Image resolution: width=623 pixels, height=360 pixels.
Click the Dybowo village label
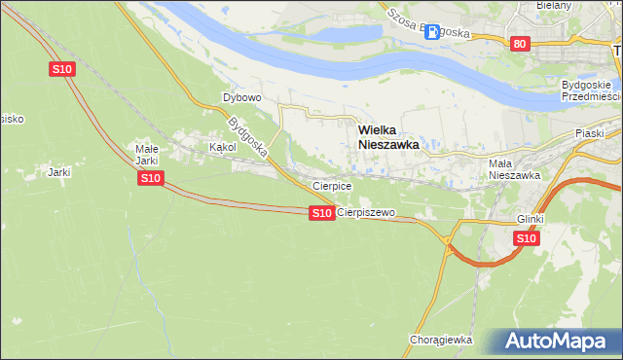[x=242, y=98]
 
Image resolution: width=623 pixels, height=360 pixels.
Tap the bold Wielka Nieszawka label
[x=388, y=135]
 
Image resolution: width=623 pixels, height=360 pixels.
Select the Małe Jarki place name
[x=146, y=155]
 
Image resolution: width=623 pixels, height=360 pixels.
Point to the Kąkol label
[x=223, y=148]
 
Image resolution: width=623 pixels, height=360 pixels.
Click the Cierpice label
[x=331, y=185]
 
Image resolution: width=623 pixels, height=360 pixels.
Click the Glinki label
[x=531, y=219]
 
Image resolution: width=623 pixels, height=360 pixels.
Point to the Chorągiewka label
[x=441, y=340]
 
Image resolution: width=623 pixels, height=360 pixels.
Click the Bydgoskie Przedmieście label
[x=591, y=90]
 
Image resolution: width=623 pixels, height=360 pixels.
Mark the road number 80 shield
[x=520, y=43]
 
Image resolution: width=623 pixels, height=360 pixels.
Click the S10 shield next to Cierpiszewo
[x=322, y=212]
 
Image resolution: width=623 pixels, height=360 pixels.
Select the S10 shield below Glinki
[x=526, y=238]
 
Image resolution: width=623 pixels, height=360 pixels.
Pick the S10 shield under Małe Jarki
[x=150, y=178]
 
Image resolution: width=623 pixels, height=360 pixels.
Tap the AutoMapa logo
[x=559, y=342]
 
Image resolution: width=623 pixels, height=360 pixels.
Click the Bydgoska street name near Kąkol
[x=248, y=138]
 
